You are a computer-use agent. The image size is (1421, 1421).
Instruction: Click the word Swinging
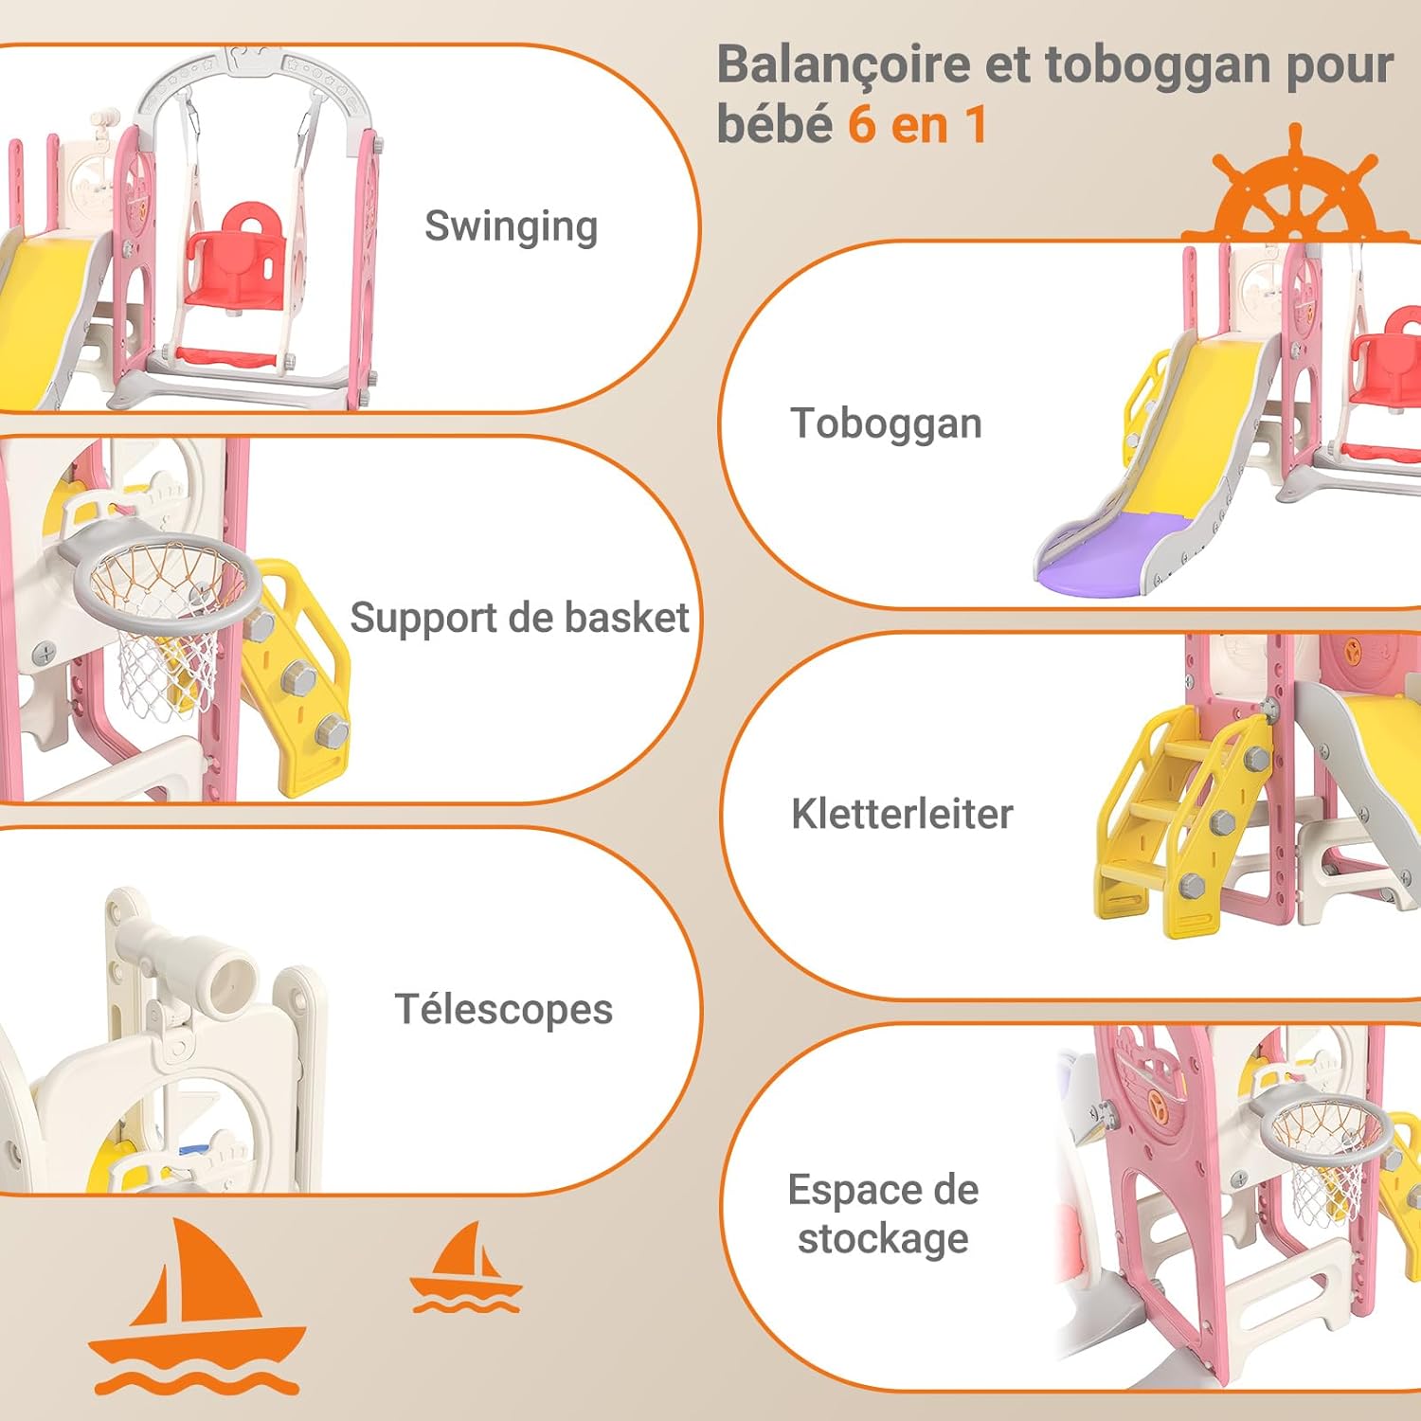pos(511,227)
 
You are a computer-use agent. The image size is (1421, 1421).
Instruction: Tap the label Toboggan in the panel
pos(886,423)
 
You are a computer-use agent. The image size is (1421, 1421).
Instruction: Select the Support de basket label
pos(519,618)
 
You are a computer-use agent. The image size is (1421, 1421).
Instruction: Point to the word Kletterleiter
pos(902,814)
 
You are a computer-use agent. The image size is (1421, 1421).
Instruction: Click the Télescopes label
pos(503,1010)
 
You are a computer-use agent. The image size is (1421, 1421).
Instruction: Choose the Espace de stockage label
pos(883,1214)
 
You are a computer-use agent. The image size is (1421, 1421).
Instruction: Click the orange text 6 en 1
pos(917,124)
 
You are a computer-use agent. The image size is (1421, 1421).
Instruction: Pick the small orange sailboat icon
pos(465,1268)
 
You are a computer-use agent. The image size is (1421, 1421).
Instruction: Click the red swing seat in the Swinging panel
pos(235,258)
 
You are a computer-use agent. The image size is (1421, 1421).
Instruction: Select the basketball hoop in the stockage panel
pos(1321,1151)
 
